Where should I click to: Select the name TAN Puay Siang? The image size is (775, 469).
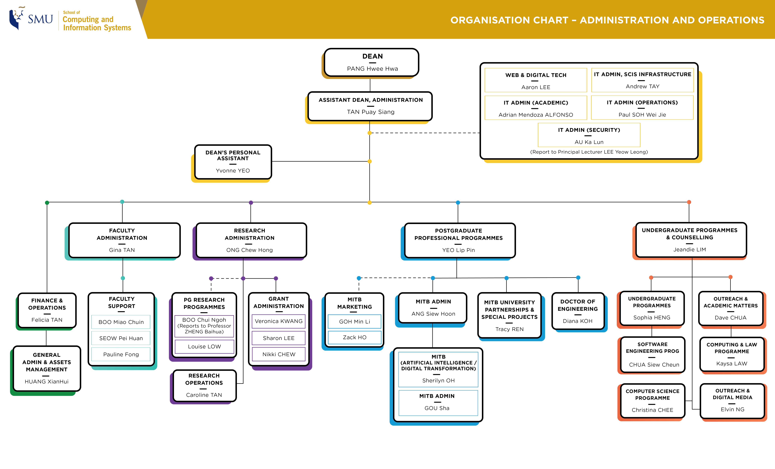coord(370,112)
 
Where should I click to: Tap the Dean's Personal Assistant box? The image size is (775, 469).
coord(233,162)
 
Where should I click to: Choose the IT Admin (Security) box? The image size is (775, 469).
coord(589,135)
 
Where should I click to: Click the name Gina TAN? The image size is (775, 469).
coord(122,250)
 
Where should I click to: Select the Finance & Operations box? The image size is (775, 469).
coord(47,310)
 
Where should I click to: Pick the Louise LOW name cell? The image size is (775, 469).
coord(204,346)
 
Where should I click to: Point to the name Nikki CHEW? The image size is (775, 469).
coord(279,354)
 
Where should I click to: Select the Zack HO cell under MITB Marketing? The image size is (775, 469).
coord(355,337)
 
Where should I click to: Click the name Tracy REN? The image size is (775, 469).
coord(509,329)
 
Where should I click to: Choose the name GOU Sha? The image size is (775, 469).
coord(437,408)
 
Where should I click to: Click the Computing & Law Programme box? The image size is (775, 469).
coord(732,354)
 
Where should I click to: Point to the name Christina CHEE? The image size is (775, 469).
coord(652,410)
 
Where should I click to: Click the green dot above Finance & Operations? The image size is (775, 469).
coord(47,203)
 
